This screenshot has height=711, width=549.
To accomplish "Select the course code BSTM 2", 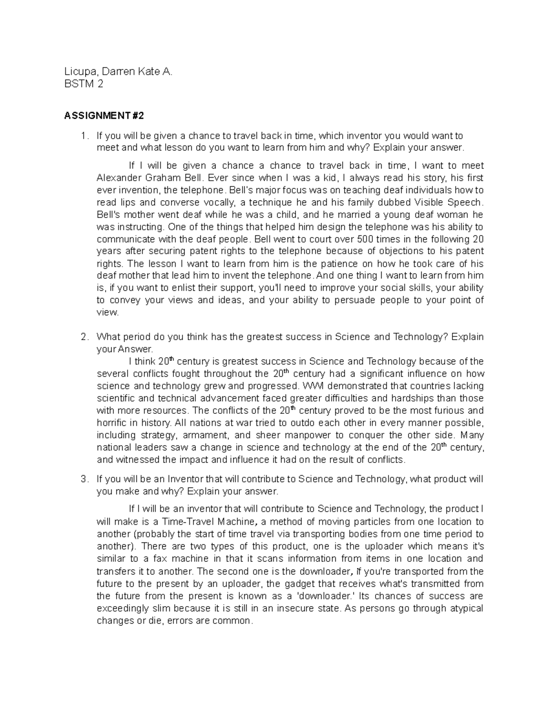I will (x=84, y=84).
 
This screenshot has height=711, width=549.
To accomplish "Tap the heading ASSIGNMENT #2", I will (x=104, y=116).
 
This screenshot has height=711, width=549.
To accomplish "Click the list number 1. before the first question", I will (x=84, y=136).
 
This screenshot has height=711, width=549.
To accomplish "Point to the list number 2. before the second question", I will (x=84, y=337).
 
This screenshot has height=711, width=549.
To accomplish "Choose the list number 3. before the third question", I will (x=84, y=479).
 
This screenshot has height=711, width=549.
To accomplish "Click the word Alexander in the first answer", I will (x=117, y=178).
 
